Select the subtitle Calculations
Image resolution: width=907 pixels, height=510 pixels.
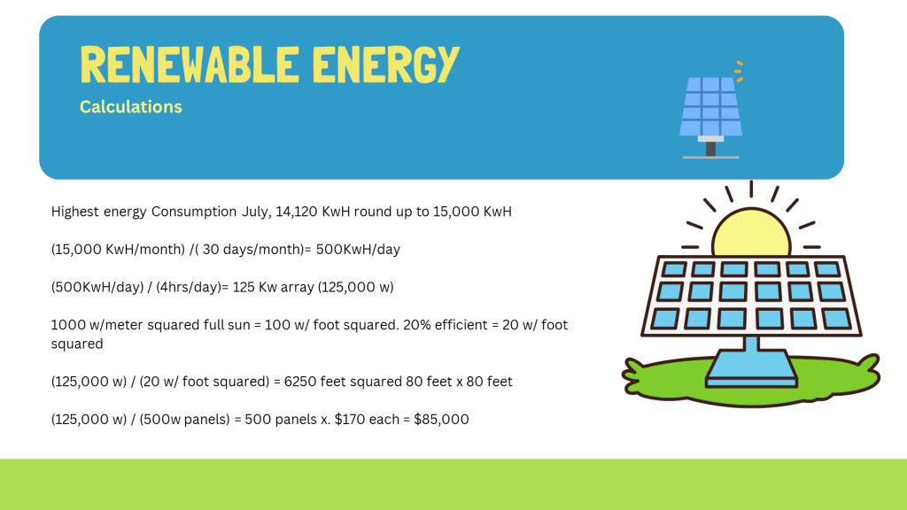tap(131, 107)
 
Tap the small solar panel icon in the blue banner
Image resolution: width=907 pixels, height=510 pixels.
tap(711, 110)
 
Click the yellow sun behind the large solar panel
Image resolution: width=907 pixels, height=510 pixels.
tap(751, 231)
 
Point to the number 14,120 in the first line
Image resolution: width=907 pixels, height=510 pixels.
tap(296, 212)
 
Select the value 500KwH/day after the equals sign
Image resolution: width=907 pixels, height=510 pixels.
tap(358, 249)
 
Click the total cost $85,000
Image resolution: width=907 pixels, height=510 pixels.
tap(441, 419)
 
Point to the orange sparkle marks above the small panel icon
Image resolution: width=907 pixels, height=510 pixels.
tap(739, 71)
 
